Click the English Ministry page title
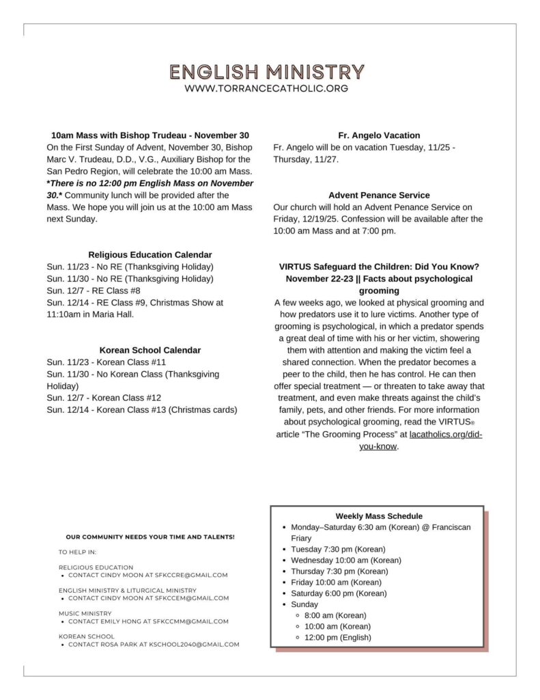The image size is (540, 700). click(267, 72)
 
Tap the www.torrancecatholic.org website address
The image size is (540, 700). click(267, 89)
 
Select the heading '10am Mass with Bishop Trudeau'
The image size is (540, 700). click(150, 135)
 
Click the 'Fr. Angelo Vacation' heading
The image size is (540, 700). click(379, 135)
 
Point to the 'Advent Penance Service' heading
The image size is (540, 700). click(379, 196)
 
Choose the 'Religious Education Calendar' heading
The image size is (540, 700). click(150, 254)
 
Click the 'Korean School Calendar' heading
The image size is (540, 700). click(150, 350)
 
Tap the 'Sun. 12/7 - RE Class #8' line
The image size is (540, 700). click(94, 291)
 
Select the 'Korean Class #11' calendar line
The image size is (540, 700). click(106, 362)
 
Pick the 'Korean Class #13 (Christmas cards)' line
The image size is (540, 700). click(142, 410)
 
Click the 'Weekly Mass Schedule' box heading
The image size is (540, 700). click(379, 516)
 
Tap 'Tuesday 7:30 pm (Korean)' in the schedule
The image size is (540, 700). click(338, 550)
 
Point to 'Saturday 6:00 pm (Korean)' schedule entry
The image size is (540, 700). click(338, 593)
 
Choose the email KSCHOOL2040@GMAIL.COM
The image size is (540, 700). click(201, 645)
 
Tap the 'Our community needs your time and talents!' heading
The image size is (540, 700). click(150, 537)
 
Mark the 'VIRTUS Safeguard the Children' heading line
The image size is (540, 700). click(379, 267)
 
